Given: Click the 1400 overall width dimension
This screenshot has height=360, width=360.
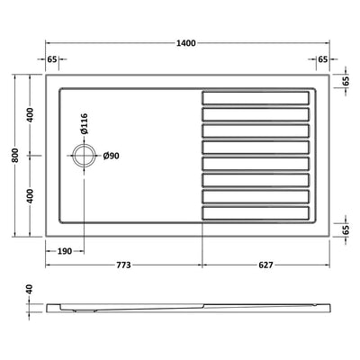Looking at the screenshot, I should tap(187, 43).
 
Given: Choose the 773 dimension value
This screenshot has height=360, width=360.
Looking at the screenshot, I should tap(123, 265).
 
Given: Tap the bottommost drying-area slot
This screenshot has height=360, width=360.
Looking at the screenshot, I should tap(256, 212).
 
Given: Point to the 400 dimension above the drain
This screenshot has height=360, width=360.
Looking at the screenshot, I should tap(30, 116).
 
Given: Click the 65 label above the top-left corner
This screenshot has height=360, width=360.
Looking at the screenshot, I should tap(52, 58).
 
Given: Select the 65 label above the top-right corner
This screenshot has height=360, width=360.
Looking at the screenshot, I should tap(322, 58).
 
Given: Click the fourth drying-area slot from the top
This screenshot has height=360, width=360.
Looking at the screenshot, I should tap(256, 146).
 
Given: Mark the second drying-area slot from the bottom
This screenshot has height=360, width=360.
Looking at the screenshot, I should tap(256, 196).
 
